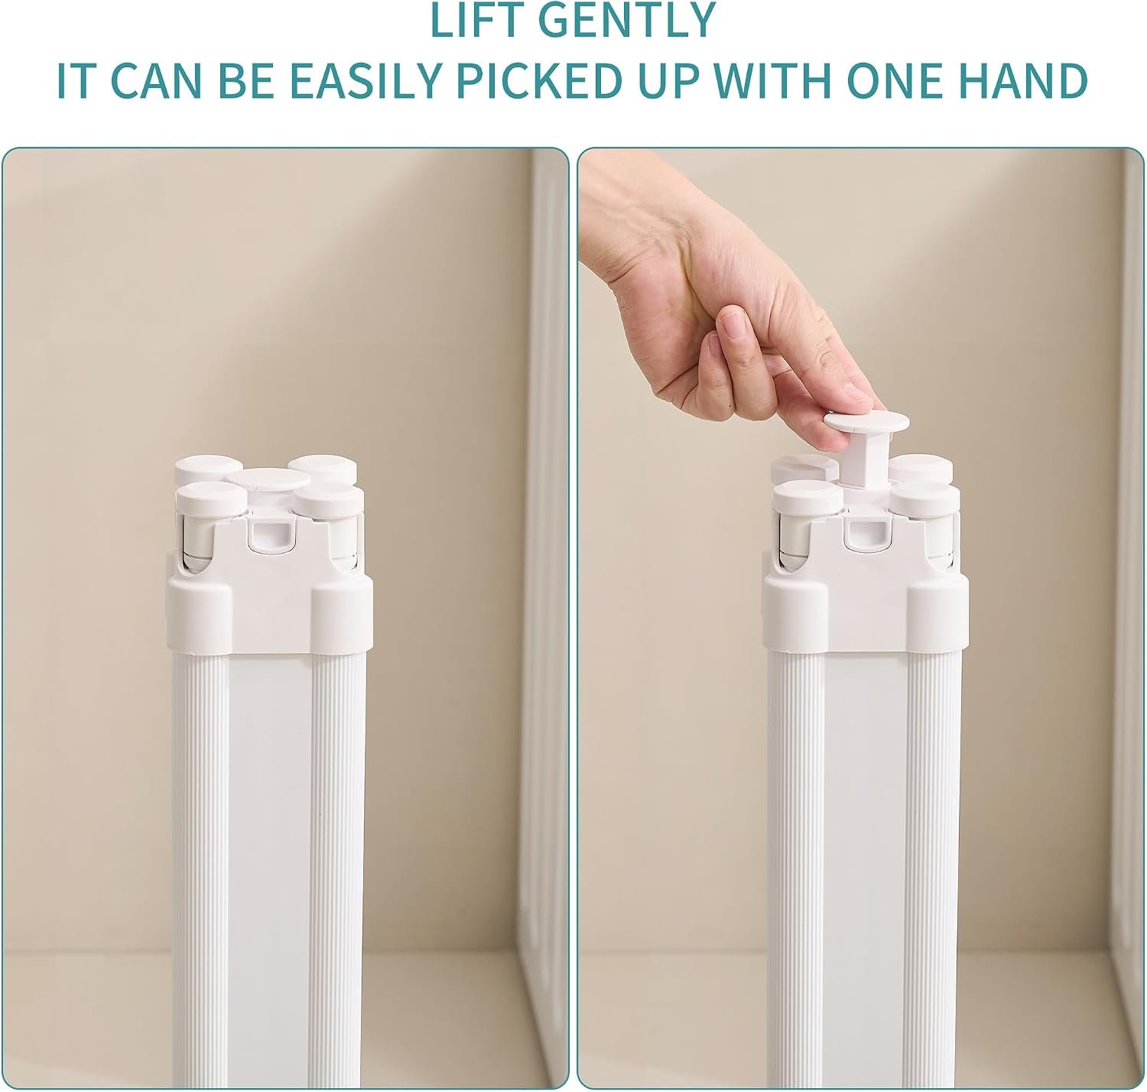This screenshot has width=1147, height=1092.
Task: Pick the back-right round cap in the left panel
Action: (x=322, y=468)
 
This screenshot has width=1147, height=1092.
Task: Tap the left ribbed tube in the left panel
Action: (x=199, y=869)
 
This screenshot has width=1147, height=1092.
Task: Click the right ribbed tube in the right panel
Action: (x=934, y=869)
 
